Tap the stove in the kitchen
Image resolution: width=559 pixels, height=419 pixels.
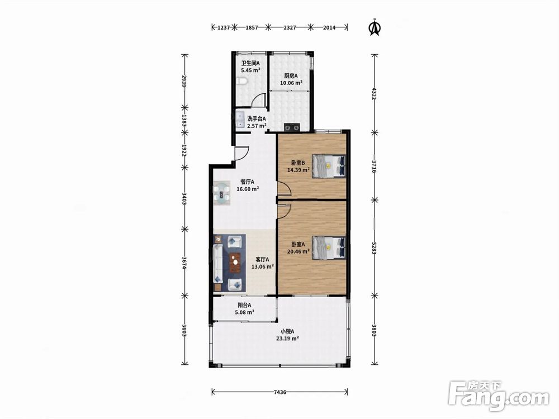(x=292, y=126)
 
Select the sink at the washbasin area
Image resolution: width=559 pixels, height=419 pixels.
(x=240, y=120)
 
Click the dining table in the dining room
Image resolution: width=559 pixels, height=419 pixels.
(x=222, y=194)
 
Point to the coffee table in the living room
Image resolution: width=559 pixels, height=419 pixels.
(x=235, y=263)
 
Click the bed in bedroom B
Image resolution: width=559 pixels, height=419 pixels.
(x=329, y=166)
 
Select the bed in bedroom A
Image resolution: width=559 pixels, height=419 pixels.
(x=329, y=247)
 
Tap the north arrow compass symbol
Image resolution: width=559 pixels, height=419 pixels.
(x=375, y=27)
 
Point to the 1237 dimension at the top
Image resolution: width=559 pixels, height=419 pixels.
(x=223, y=27)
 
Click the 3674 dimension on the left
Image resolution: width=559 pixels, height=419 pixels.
(x=184, y=263)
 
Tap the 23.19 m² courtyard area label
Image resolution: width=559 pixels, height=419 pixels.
(x=287, y=339)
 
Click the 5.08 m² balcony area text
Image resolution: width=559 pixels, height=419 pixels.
(x=245, y=312)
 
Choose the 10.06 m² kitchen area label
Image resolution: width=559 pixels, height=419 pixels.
(x=291, y=83)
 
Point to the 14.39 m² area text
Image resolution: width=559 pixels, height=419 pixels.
(x=299, y=170)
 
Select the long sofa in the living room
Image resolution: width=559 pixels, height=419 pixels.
(x=218, y=263)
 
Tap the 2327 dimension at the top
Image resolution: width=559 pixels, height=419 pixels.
(x=290, y=27)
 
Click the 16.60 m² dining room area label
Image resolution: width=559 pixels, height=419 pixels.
(x=248, y=189)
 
